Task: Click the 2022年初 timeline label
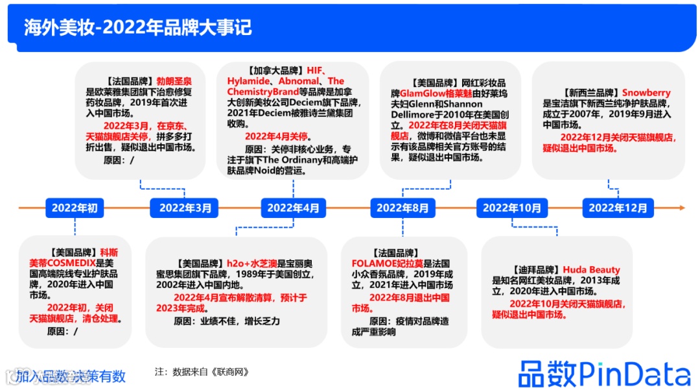(x=75, y=208)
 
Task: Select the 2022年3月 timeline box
(x=185, y=208)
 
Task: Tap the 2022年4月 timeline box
(x=293, y=208)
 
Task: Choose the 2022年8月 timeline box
(x=402, y=208)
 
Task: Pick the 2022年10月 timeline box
(x=511, y=208)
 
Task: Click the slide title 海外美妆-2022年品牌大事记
(x=137, y=28)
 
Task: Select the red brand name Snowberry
(x=646, y=93)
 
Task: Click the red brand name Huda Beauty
(x=591, y=269)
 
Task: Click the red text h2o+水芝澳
(x=251, y=263)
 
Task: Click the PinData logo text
(x=604, y=373)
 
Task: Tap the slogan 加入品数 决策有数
(x=71, y=376)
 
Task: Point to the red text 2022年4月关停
(x=277, y=137)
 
